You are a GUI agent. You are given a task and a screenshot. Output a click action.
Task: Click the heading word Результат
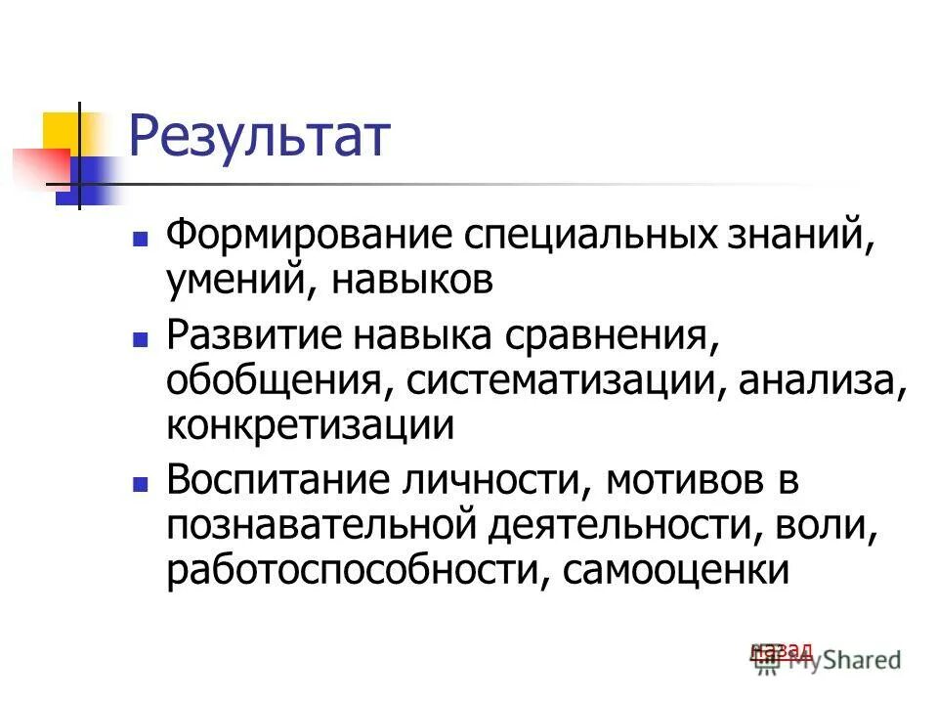[x=260, y=139]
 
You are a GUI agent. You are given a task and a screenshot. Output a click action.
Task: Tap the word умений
[x=237, y=283]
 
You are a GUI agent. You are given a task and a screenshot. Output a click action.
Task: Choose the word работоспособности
[x=350, y=570]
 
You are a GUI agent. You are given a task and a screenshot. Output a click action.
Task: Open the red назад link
[x=782, y=649]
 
